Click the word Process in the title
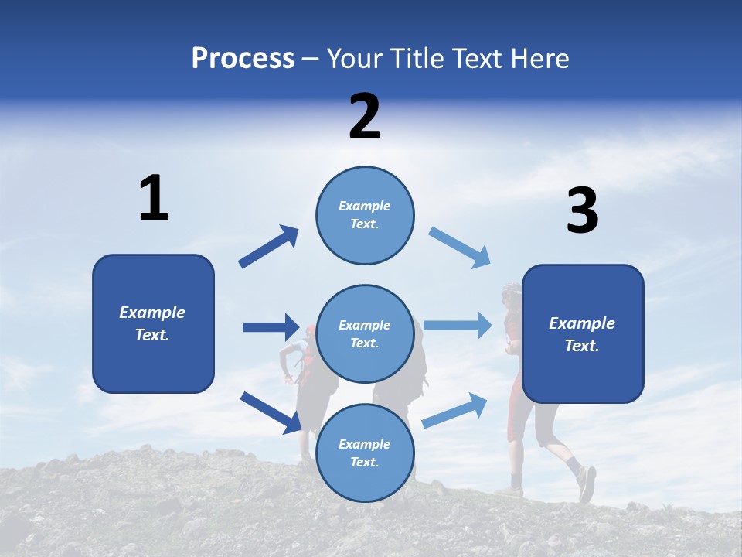coord(243,59)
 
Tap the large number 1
coord(154,199)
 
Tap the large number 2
coord(365,117)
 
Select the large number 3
coord(582,212)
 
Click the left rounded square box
coord(153,323)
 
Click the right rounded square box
coord(583,333)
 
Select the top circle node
coord(365,215)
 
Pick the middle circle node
coord(365,333)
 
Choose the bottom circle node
coord(365,453)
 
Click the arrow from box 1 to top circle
coord(269,247)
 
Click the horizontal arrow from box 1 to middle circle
coord(271,327)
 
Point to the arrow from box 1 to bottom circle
coord(271,412)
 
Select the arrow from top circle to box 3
coord(459,248)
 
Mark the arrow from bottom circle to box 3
coord(454,410)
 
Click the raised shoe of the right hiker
coord(587,483)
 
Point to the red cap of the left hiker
coord(310,332)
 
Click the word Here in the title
coord(540,59)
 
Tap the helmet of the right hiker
coord(511,292)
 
